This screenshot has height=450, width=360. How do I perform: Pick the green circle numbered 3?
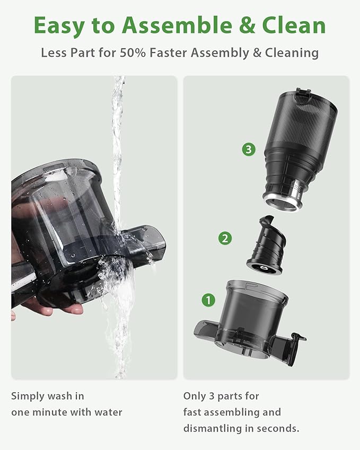pos(249,149)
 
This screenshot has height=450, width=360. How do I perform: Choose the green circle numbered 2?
pos(225,238)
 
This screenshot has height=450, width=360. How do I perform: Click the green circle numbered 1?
pos(208,301)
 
